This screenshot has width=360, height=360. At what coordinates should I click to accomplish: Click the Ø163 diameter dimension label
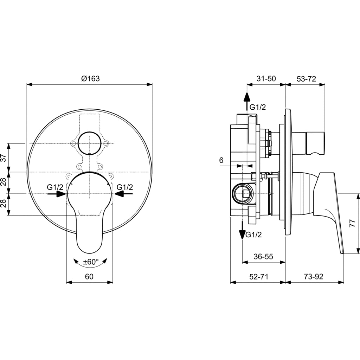point(90,78)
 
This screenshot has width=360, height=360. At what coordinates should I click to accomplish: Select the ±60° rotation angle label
point(91,262)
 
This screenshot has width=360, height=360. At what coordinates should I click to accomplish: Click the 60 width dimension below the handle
point(89,276)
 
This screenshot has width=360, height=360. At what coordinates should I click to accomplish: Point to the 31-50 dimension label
point(266,78)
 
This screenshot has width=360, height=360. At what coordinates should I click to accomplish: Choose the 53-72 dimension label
point(306,78)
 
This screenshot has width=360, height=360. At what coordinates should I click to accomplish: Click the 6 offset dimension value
point(221,160)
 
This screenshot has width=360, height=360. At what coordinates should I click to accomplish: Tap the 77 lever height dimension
point(352,223)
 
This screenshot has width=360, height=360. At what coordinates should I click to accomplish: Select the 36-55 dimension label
point(263,256)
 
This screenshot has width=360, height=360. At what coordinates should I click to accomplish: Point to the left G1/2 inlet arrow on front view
point(57,194)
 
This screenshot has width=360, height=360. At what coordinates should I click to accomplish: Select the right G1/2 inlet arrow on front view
point(123,194)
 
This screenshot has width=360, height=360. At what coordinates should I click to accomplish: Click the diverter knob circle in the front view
point(90,143)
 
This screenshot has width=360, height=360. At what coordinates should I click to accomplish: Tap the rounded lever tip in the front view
point(89,245)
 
